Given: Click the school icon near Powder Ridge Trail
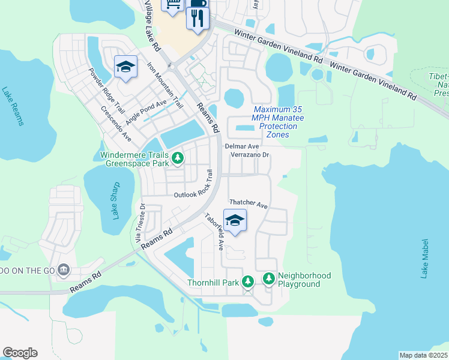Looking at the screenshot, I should click(126, 67).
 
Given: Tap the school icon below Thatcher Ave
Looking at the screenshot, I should click(235, 221).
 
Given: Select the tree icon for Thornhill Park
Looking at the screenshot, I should click(248, 281).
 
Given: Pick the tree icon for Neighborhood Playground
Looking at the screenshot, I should click(268, 279).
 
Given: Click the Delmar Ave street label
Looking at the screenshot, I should click(242, 146).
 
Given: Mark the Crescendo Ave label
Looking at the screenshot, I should click(116, 124).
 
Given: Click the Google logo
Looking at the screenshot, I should click(20, 353).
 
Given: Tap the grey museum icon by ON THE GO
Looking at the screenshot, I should click(64, 271).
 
